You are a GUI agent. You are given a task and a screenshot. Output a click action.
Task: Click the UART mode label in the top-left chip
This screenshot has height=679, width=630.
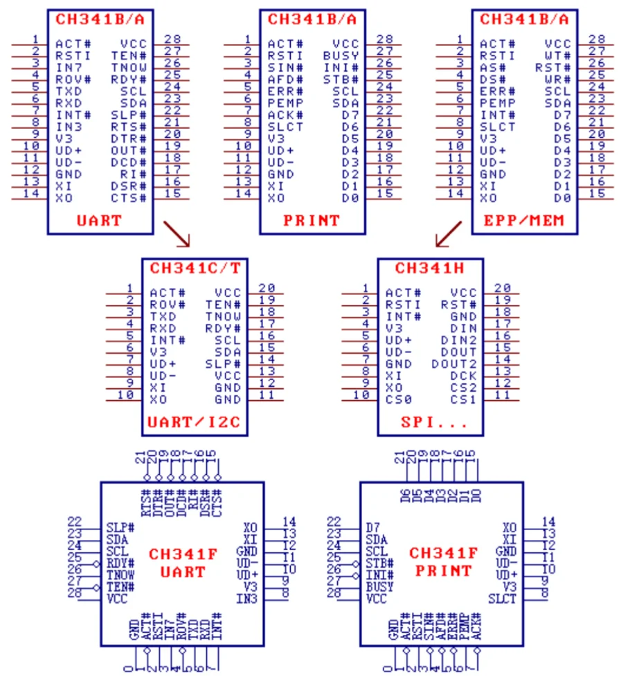tap(99, 221)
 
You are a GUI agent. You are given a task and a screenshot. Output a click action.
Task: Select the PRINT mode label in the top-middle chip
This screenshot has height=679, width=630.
tap(312, 221)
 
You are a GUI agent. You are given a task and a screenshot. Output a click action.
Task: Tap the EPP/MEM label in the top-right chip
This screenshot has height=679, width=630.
tap(524, 221)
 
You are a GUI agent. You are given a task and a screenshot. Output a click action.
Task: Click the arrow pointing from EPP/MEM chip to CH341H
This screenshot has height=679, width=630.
tap(449, 234)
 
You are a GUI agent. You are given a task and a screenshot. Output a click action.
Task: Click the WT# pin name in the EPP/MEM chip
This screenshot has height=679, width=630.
tap(558, 55)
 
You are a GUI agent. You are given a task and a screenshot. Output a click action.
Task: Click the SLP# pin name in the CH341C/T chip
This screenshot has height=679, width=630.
tap(223, 364)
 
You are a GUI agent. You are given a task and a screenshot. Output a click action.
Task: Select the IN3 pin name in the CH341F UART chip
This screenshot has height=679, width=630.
tap(247, 599)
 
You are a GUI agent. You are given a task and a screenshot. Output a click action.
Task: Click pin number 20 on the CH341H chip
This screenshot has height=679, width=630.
tap(502, 288)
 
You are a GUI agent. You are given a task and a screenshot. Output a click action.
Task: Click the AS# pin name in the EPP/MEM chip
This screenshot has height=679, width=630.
tap(493, 67)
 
